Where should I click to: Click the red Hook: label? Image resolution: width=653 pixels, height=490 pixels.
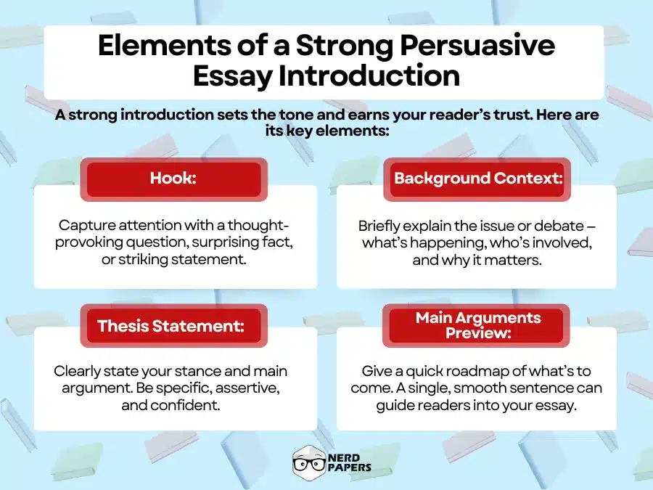point(173,178)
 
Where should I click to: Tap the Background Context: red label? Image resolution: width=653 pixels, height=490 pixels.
point(477,178)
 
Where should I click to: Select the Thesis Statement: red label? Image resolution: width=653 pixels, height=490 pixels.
point(173,325)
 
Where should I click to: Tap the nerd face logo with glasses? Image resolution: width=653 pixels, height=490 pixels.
point(308,462)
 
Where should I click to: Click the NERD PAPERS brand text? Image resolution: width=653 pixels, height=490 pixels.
point(350,462)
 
